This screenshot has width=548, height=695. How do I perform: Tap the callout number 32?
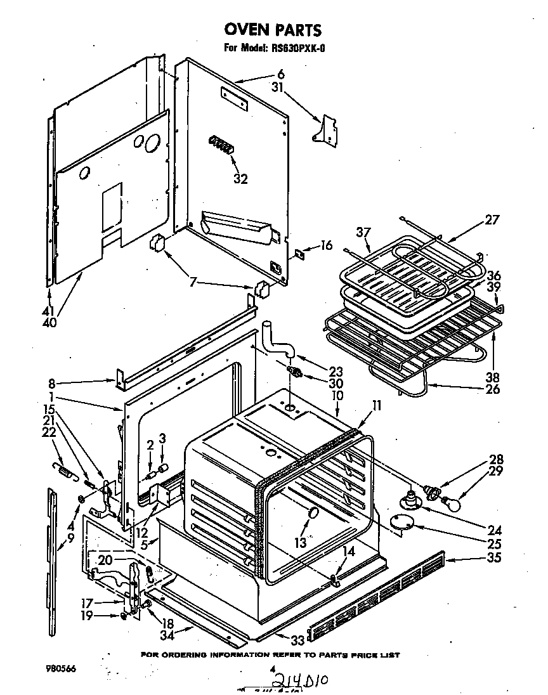(x=240, y=179)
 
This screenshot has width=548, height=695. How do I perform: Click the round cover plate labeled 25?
(x=400, y=521)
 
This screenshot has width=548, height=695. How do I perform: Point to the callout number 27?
(x=492, y=221)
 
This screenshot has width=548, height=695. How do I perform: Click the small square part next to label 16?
(x=297, y=254)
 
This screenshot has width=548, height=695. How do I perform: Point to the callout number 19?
(x=86, y=614)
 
